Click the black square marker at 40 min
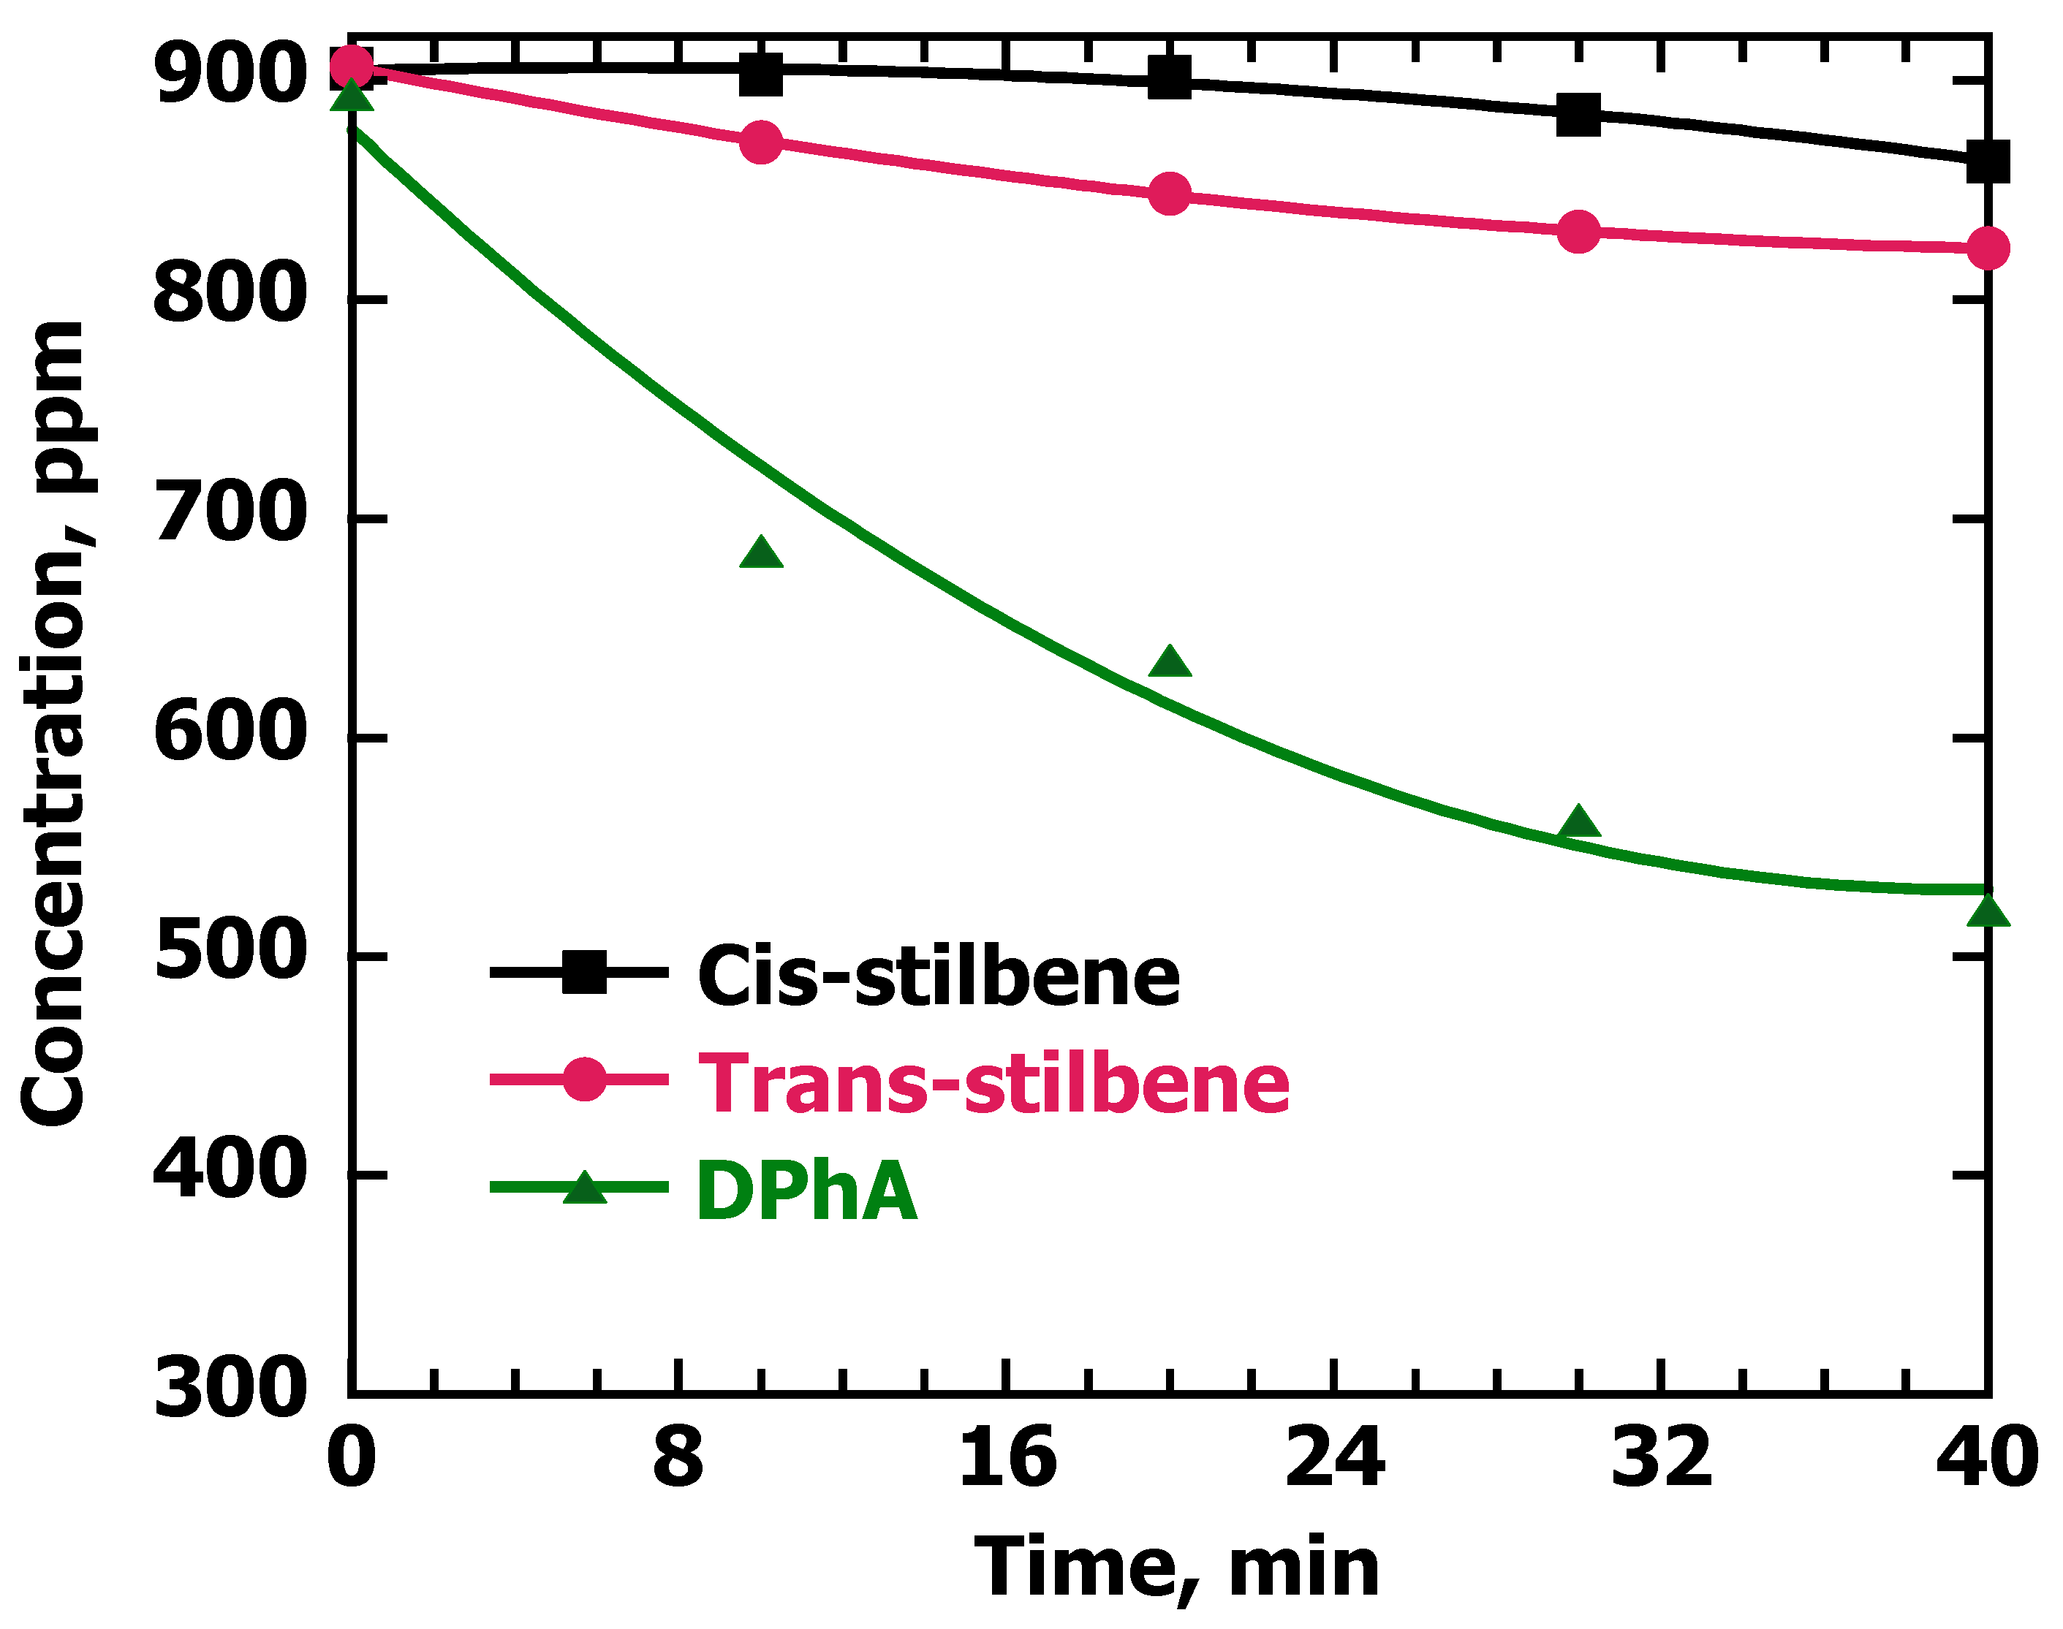(1988, 162)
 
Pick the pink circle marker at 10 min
(761, 143)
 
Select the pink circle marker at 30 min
(1578, 231)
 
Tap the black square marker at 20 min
(1170, 77)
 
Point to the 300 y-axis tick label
(230, 1389)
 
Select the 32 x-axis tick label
(1660, 1459)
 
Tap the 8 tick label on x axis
(678, 1459)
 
